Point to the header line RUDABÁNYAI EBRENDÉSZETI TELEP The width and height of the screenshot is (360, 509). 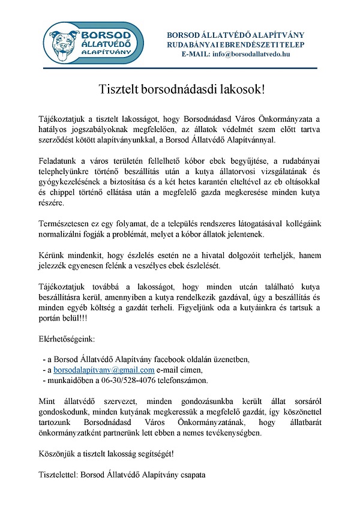(x=236, y=44)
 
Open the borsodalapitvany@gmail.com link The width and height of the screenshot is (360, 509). (x=104, y=370)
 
